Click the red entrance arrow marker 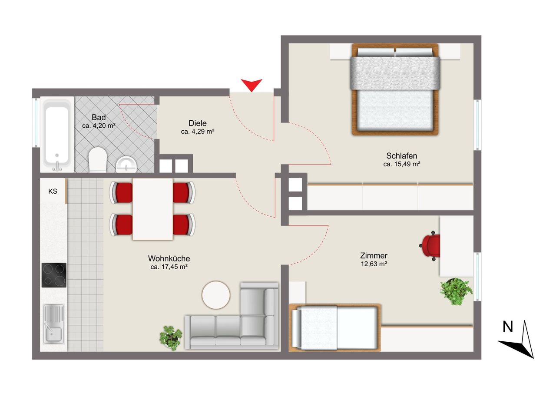tap(252, 84)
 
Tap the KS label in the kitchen tap(53, 192)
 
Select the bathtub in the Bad tap(57, 134)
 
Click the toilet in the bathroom tap(98, 159)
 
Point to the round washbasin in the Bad tap(126, 164)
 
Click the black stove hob tap(54, 275)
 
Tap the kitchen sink tap(54, 324)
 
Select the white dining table tap(152, 209)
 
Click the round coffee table tap(216, 295)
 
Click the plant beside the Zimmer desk tap(456, 291)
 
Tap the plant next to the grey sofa tap(171, 338)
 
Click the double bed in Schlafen tap(395, 89)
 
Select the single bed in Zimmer tap(335, 327)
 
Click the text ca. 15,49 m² tap(402, 164)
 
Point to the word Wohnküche tap(169, 258)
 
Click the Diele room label tap(198, 123)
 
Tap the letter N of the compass tap(508, 327)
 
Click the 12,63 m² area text tap(374, 264)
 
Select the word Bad tap(99, 117)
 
